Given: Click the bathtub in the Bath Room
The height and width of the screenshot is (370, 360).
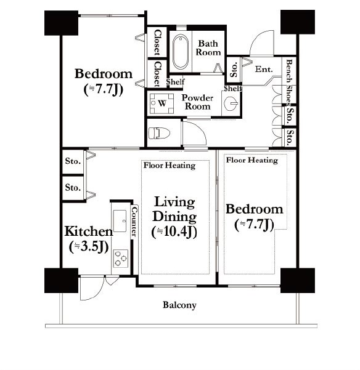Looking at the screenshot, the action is pos(181,52).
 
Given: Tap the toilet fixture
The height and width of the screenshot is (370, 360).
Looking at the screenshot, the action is pos(159,133).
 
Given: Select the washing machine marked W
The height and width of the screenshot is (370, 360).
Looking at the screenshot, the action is pos(162,103).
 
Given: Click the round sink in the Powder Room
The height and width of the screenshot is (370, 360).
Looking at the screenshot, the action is pos(231,103).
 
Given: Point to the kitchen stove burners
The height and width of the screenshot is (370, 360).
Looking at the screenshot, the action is pos(120,259).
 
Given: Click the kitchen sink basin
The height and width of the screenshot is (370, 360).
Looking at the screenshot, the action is pos(120,220).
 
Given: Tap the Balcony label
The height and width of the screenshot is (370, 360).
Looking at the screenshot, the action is pos(179,305).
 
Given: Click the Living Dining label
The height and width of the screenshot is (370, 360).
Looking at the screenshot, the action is pos(174,209).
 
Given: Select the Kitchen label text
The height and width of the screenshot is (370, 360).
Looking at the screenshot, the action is pos(89,231).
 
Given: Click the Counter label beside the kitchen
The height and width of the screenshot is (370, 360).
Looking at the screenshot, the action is pos(134,222).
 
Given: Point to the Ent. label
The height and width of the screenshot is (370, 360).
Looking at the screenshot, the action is pos(264,70).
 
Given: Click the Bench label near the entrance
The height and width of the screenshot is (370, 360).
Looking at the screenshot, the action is pos(289,71).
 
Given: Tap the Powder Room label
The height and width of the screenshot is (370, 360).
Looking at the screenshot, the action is pos(197,102).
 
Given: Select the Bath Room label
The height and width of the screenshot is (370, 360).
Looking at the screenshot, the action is pos(208,48).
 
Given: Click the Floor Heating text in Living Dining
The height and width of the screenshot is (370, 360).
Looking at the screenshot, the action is pos(170,166).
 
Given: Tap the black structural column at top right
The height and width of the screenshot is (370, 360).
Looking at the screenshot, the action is pos(297,22).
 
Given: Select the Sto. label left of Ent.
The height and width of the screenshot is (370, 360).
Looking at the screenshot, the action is pos(234,70).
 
